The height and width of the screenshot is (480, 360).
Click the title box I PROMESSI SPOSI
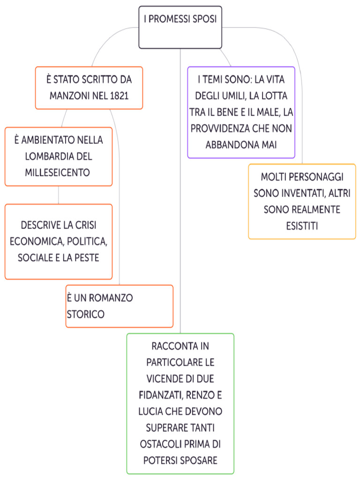[180, 27]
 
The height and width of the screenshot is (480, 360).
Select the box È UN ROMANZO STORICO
[119, 306]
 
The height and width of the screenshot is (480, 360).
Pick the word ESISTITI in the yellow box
[302, 226]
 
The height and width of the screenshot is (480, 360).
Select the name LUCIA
[150, 412]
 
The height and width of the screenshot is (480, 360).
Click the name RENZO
[199, 395]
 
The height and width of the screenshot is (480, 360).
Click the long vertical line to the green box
[180, 187]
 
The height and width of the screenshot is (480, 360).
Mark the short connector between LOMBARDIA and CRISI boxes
[58, 195]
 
